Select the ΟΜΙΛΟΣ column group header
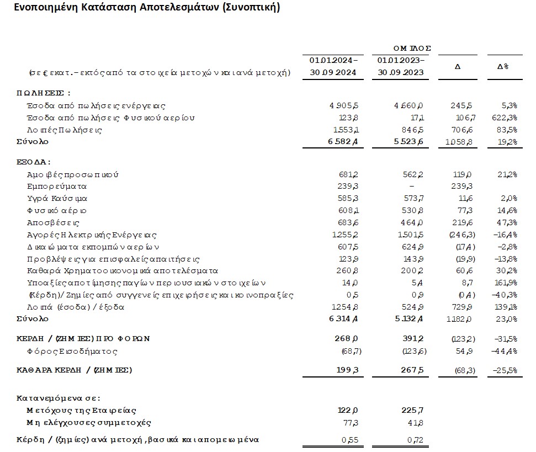408,48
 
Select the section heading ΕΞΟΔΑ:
34,162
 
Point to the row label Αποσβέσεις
54,222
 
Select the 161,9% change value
505,283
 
